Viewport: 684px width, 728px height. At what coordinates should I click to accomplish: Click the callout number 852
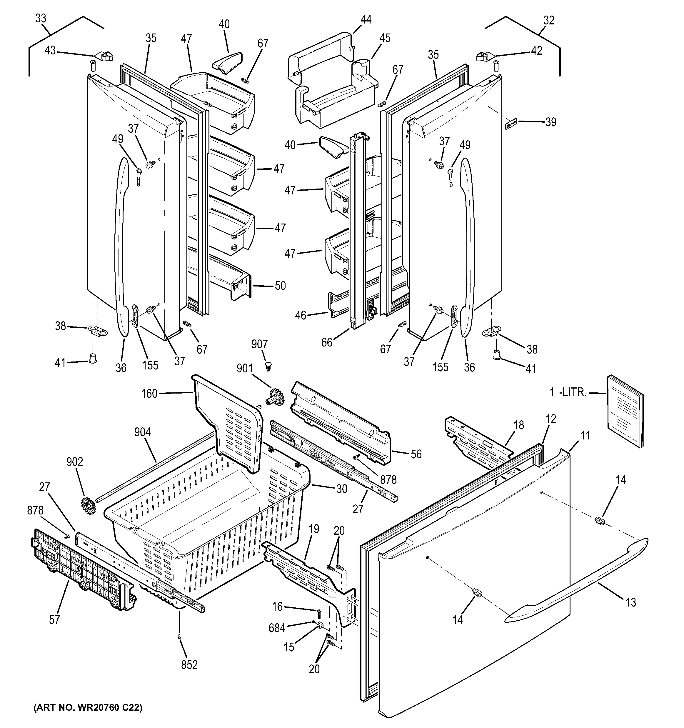pos(189,665)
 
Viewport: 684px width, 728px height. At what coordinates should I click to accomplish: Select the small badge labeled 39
pos(511,124)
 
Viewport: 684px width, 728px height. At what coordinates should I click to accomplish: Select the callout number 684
pos(277,628)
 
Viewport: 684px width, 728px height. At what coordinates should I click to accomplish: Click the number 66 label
pos(327,342)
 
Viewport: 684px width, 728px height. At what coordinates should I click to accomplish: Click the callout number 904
pos(142,432)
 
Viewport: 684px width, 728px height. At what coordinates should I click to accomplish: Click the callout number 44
pos(366,19)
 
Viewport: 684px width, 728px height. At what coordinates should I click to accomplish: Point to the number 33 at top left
pos(41,18)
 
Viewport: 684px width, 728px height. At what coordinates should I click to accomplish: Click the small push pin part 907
pos(269,365)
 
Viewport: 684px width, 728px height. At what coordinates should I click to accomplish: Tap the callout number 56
pos(416,454)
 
